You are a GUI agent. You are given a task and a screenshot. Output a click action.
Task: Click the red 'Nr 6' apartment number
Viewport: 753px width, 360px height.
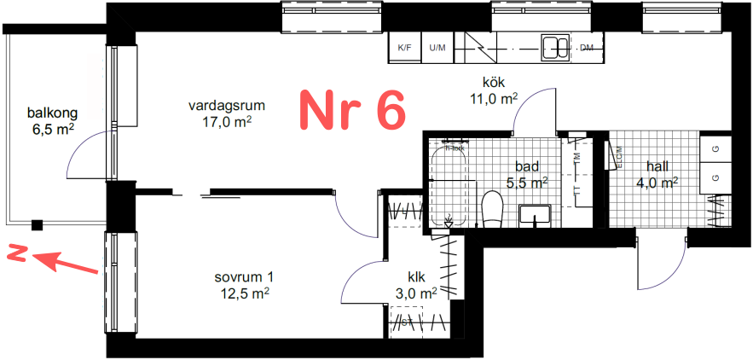click(x=351, y=110)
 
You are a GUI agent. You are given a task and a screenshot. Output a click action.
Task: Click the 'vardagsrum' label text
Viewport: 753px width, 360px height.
click(x=227, y=106)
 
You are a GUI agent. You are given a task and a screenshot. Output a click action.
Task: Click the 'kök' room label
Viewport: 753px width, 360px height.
click(x=494, y=83)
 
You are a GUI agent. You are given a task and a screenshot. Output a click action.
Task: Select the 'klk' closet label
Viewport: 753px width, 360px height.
click(x=417, y=276)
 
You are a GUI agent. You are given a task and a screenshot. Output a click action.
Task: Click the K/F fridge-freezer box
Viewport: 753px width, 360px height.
click(x=404, y=48)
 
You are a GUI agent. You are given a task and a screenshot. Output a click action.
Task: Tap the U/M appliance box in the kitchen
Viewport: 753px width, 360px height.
click(x=437, y=48)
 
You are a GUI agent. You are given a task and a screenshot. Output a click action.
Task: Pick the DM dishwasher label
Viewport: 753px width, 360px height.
click(x=586, y=48)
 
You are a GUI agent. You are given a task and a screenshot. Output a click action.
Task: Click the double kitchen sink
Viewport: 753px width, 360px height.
click(x=555, y=48)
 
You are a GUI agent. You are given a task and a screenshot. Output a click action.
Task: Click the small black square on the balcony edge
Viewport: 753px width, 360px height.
click(x=37, y=225)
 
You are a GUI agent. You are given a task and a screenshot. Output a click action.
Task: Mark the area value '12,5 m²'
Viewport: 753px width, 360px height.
click(x=245, y=293)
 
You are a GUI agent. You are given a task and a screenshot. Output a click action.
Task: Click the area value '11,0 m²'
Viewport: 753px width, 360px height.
click(x=494, y=98)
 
